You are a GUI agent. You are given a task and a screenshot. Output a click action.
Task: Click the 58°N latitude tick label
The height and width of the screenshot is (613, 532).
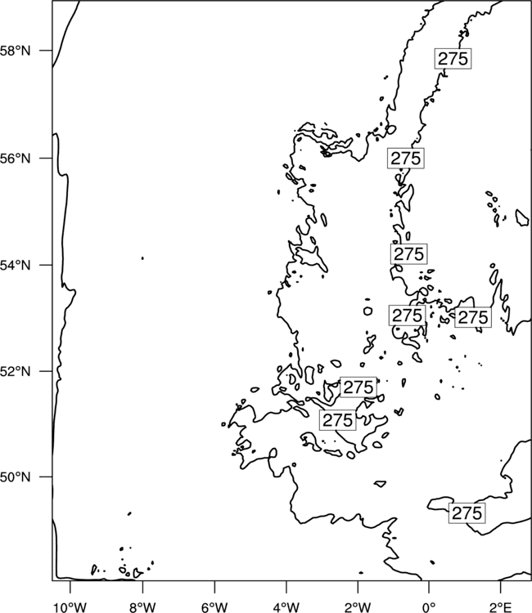pos(15,51)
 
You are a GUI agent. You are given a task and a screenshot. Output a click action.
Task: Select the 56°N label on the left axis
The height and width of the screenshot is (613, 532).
pos(15,159)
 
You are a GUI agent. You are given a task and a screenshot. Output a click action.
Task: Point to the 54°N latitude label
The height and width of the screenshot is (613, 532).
pos(15,265)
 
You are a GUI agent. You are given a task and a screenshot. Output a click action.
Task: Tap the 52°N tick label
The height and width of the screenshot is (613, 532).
pos(15,371)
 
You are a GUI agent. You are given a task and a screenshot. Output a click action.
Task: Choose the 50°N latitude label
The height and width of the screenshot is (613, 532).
pos(15,477)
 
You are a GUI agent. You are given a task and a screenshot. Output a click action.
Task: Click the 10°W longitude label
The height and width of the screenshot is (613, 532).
pos(70,607)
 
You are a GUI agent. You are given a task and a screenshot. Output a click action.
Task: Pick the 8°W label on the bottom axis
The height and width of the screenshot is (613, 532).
pos(142,607)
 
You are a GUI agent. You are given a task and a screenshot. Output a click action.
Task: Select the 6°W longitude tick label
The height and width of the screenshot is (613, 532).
pos(214,607)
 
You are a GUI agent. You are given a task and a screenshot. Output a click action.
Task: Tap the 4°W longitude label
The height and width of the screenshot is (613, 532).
pos(286,607)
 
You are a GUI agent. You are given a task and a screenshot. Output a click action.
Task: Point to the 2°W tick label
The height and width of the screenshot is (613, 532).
pos(358,607)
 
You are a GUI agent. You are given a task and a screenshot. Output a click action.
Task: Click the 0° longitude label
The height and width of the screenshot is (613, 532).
pos(430,607)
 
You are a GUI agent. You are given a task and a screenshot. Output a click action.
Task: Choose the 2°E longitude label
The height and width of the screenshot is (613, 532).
pos(501,607)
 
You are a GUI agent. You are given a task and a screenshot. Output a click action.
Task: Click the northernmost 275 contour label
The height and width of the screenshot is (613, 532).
pos(453,59)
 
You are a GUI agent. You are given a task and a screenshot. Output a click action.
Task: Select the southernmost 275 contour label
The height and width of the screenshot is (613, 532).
pos(467,513)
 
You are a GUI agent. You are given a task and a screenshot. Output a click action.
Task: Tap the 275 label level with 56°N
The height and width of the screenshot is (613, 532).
pos(406,159)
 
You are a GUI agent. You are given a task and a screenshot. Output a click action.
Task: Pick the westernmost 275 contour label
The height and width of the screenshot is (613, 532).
pos(338,420)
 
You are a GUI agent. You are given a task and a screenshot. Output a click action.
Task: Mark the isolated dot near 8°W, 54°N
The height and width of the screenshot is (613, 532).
pos(142,258)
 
